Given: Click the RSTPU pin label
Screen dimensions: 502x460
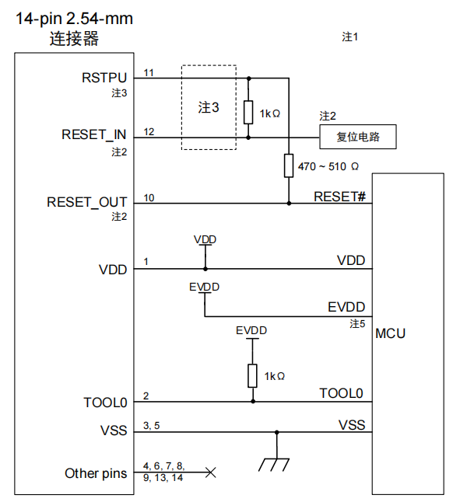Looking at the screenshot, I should tap(104, 78).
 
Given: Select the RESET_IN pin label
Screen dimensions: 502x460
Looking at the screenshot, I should tap(93, 134).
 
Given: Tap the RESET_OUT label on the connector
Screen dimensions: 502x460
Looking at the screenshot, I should tap(86, 202).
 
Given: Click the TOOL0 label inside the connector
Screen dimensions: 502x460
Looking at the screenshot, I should tap(105, 403).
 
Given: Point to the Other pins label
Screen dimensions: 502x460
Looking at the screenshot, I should tap(95, 472).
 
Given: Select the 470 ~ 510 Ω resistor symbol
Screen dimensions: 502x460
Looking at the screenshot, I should tap(288, 166).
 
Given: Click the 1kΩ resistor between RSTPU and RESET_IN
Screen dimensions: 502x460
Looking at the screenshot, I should tap(249, 113).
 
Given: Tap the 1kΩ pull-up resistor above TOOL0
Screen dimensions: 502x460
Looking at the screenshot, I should tap(252, 375).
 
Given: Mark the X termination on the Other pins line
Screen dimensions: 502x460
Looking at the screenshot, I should tap(209, 472).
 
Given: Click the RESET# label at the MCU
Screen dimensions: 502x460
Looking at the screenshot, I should tap(339, 196).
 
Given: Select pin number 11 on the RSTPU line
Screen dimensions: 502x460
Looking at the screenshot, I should tap(149, 72).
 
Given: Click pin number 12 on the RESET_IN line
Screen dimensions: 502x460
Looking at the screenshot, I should tap(149, 131).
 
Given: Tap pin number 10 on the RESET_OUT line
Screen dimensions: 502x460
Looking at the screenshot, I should tap(149, 198).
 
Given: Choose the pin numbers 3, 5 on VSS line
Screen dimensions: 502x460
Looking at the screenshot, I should tap(152, 425).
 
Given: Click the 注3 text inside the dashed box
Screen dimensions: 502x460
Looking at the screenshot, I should tap(209, 107).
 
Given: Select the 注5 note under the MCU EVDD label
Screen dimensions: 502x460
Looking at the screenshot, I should tap(357, 322).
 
